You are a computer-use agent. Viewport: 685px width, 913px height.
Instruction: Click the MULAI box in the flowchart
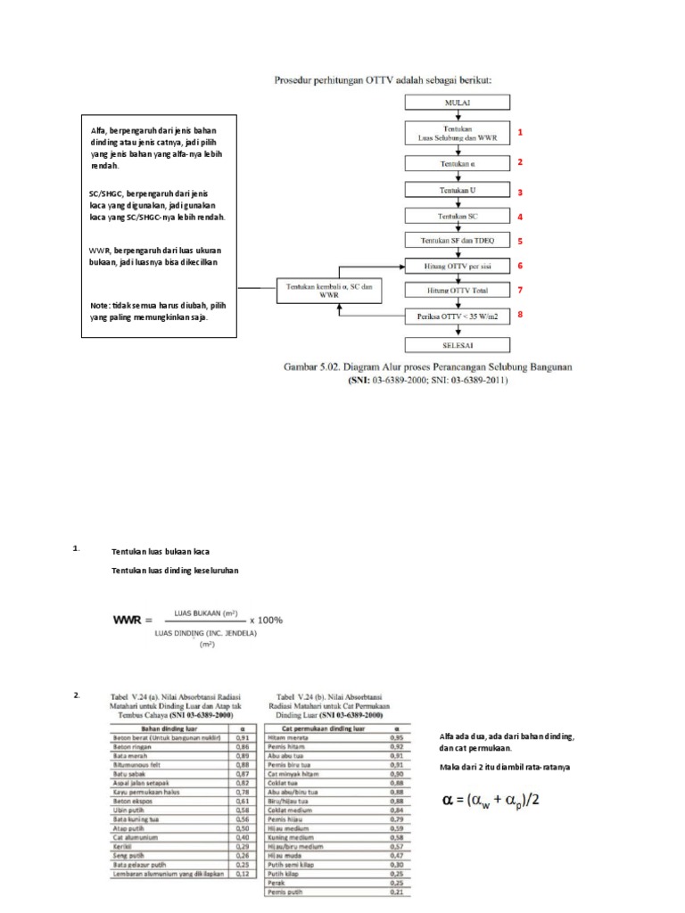click(458, 103)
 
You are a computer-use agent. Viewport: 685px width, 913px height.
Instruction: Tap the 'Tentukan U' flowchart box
click(458, 191)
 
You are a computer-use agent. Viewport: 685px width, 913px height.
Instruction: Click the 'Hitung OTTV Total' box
click(458, 291)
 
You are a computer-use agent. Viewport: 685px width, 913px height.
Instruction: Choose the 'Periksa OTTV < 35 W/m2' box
click(458, 317)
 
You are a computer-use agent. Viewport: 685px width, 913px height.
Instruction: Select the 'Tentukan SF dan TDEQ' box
click(458, 241)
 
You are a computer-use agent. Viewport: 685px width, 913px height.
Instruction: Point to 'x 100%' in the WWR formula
click(266, 620)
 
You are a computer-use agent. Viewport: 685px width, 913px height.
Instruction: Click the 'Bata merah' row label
click(128, 754)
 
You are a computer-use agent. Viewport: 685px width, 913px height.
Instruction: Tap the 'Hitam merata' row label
click(286, 737)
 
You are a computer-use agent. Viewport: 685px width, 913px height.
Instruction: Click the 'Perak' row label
click(277, 883)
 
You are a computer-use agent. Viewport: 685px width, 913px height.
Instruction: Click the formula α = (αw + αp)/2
click(491, 800)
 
